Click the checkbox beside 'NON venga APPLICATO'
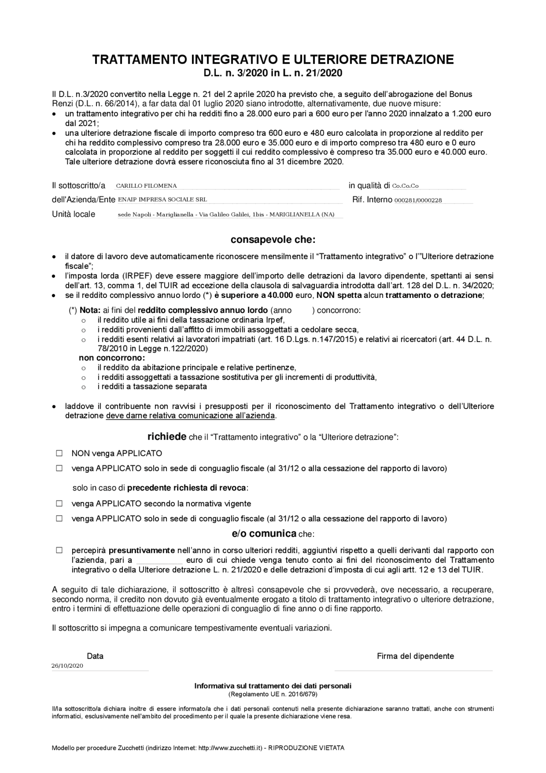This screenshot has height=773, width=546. (59, 453)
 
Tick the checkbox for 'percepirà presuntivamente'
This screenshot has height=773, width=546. (59, 550)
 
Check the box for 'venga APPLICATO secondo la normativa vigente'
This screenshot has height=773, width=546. (59, 503)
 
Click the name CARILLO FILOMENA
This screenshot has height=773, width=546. (146, 186)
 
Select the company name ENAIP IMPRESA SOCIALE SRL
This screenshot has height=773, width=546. (162, 199)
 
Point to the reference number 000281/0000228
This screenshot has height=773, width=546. (418, 200)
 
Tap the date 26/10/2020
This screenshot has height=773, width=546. (67, 665)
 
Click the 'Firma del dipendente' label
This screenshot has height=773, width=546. (415, 656)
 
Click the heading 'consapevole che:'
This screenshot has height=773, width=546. (273, 239)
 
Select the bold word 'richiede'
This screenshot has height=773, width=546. (167, 437)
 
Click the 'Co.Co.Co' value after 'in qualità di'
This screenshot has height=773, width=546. (405, 186)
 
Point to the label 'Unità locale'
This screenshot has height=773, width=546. (73, 214)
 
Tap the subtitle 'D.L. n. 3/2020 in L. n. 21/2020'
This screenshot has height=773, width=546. (273, 73)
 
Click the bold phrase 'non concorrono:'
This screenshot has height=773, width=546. (112, 358)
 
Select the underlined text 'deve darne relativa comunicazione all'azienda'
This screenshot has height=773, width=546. (190, 415)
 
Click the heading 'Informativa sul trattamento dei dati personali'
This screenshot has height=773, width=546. (273, 685)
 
